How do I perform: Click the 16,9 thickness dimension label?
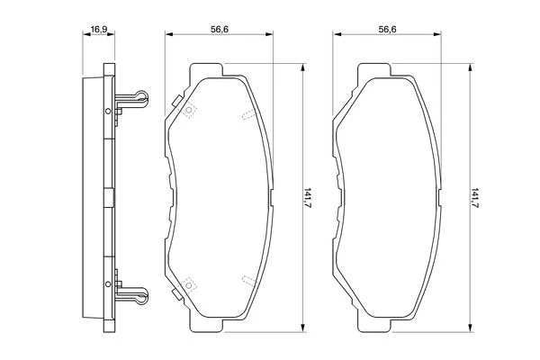click(x=98, y=30)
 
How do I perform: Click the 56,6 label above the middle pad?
click(x=220, y=30)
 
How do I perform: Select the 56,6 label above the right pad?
click(x=387, y=30)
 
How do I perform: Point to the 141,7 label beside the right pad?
click(x=475, y=197)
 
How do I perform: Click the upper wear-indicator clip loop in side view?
click(x=141, y=97)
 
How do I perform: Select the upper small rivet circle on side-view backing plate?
click(x=108, y=111)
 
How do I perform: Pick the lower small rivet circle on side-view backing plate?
click(x=108, y=283)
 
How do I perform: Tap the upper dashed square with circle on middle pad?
click(x=189, y=110)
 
